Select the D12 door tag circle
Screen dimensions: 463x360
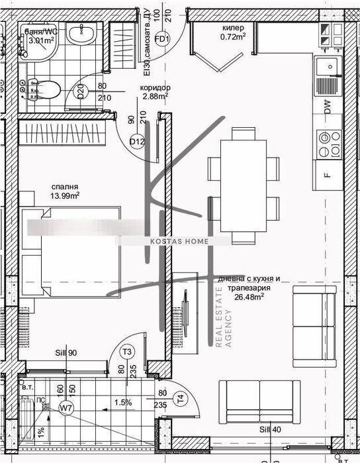click(137, 141)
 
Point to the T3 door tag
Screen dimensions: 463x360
click(128, 352)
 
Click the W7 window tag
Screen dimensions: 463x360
click(66, 409)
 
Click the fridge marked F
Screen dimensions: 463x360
click(328, 175)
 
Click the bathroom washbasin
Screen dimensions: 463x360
click(85, 38)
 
